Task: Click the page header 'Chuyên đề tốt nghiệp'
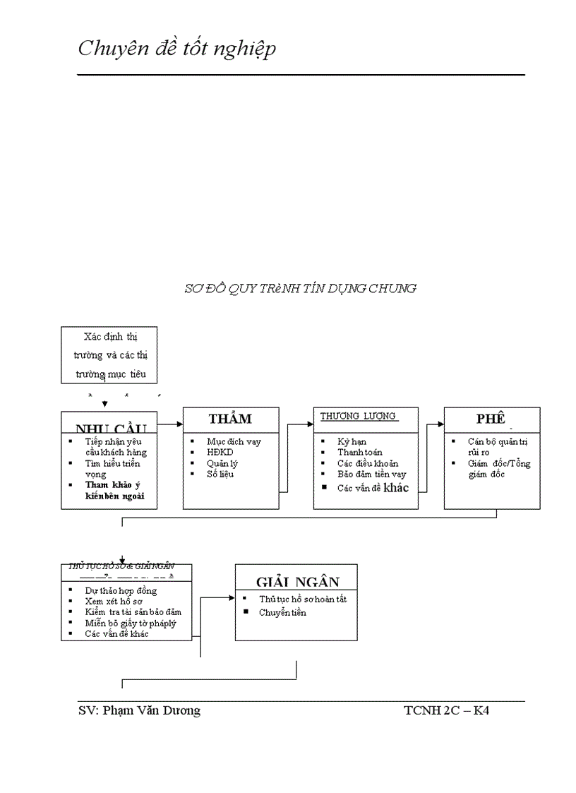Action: [176, 49]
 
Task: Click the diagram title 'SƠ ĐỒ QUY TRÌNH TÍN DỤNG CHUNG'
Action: [300, 288]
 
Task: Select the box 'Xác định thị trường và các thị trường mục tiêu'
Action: [109, 354]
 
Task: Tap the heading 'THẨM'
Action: [230, 419]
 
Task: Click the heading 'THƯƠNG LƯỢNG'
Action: [358, 417]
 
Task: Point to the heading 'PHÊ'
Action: [491, 419]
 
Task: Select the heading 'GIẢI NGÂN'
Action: [298, 582]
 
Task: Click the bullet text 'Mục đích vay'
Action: [234, 442]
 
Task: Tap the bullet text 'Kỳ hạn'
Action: [352, 442]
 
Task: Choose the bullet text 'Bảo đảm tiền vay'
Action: [371, 475]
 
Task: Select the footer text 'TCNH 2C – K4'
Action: [446, 711]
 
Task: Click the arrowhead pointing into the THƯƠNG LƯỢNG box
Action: [310, 424]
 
